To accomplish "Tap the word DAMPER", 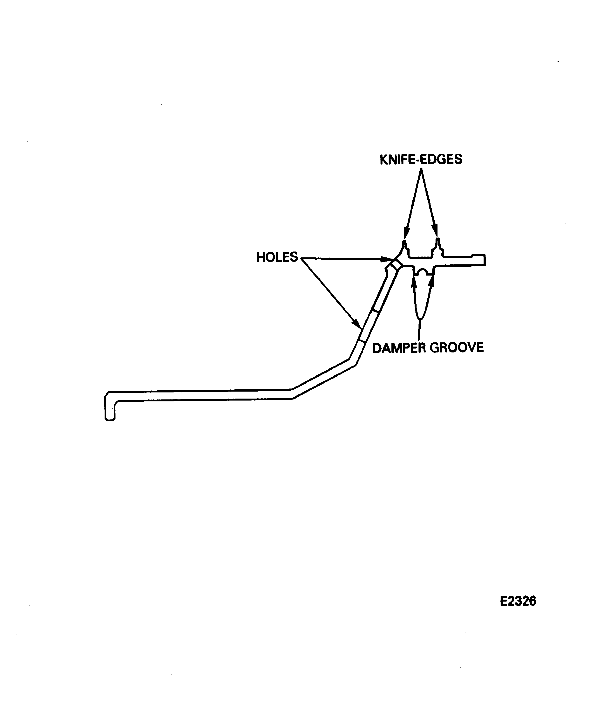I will pyautogui.click(x=399, y=348).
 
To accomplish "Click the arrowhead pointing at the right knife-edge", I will pyautogui.click(x=436, y=231).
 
